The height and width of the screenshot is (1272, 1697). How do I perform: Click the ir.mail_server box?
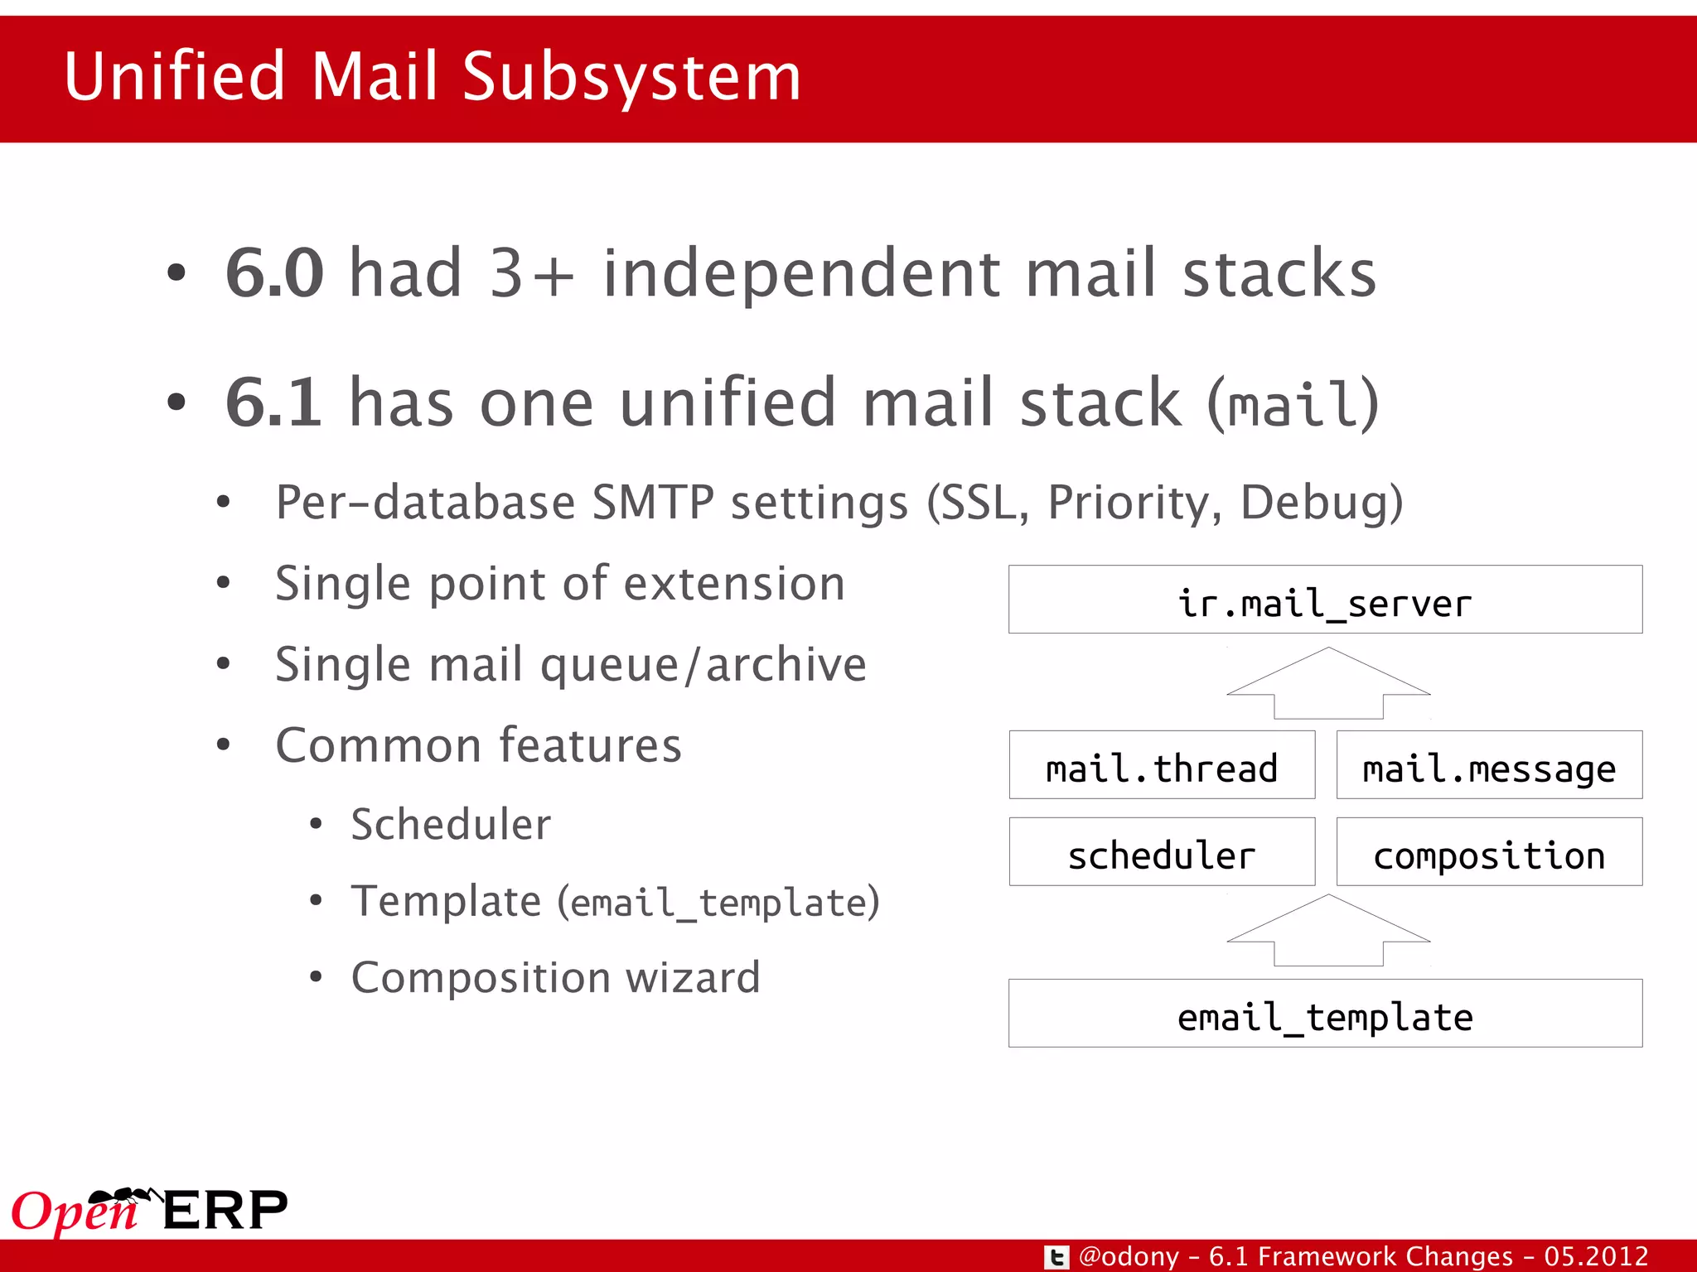(1325, 600)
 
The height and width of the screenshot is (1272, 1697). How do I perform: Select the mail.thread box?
(1162, 765)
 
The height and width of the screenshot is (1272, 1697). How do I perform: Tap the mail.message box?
(1489, 765)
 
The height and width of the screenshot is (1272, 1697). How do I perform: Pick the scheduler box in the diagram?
(1162, 852)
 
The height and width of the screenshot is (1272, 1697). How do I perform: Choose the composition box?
(1489, 852)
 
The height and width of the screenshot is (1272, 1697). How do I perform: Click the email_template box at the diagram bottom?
(1325, 1014)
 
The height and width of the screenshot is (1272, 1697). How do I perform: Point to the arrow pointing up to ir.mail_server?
(1328, 686)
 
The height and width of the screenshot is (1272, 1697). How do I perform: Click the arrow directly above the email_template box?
(1328, 933)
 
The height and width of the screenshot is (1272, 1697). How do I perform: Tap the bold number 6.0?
(274, 273)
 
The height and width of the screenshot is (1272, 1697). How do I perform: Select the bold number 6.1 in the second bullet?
(273, 403)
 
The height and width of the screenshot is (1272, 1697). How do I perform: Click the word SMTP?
(653, 503)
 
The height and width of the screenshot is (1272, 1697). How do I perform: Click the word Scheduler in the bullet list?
(451, 825)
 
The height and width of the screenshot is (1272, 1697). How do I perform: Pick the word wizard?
(693, 978)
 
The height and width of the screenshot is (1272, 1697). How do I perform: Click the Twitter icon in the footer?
(1056, 1257)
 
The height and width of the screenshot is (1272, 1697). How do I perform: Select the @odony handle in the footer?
(1129, 1257)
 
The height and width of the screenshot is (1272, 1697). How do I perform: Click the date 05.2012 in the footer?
(1596, 1257)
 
